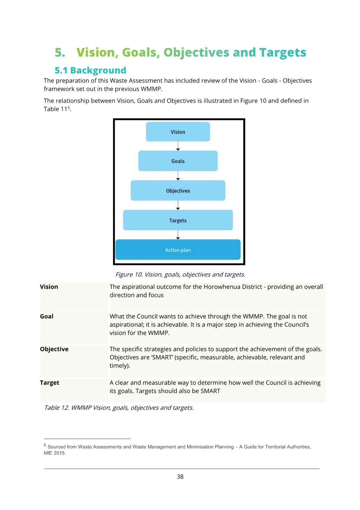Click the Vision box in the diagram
point(178,132)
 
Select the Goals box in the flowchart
point(178,161)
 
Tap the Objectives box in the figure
point(178,191)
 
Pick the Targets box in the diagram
point(178,220)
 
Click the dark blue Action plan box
point(178,250)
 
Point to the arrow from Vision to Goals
point(178,146)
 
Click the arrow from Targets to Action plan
point(178,235)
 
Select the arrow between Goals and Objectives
point(178,176)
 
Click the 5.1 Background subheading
point(90,70)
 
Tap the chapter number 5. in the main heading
point(60,53)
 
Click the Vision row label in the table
point(49,287)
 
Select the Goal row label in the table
point(47,316)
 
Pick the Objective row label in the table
point(54,349)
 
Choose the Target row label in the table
point(50,383)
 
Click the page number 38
point(180,477)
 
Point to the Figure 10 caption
point(180,275)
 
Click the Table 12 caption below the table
point(119,408)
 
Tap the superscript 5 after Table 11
point(69,107)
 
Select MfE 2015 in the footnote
point(54,453)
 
